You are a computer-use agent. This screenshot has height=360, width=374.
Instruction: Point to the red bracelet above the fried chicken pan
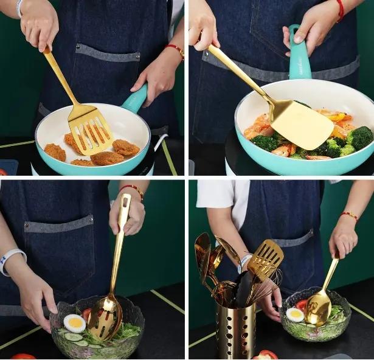(x=176, y=50)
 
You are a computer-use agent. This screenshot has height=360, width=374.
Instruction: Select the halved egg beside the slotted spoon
(x=74, y=323)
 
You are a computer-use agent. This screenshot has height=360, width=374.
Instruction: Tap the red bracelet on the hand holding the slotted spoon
(x=133, y=190)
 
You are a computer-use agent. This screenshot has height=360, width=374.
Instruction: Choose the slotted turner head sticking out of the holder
(x=266, y=259)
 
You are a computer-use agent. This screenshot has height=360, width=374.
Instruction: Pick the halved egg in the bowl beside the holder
(x=296, y=314)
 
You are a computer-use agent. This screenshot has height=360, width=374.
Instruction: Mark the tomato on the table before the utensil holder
(x=268, y=355)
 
